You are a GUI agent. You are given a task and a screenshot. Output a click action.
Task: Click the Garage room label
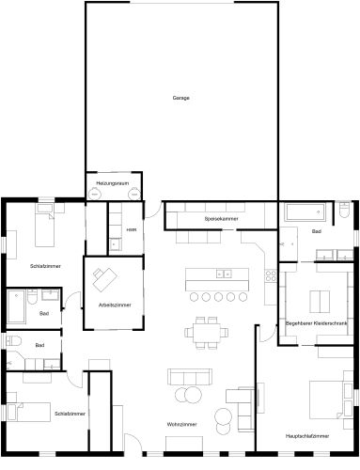point(180,99)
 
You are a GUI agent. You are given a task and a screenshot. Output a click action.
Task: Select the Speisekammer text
point(221,219)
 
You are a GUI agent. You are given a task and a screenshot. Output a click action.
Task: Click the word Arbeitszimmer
point(114,305)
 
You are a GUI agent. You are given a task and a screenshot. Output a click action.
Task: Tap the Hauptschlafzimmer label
point(307,436)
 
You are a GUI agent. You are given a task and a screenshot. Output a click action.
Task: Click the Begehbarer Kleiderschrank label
point(317,322)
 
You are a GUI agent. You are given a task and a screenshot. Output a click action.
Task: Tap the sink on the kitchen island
point(225,274)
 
